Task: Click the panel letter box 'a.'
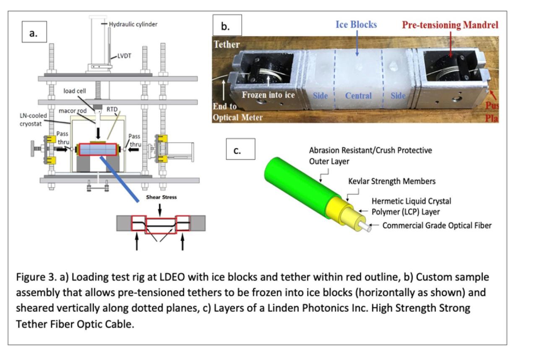33,34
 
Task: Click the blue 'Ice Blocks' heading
356,25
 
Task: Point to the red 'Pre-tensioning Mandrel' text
450,25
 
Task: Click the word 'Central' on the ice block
358,96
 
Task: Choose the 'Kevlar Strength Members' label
392,181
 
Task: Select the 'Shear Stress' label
161,196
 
